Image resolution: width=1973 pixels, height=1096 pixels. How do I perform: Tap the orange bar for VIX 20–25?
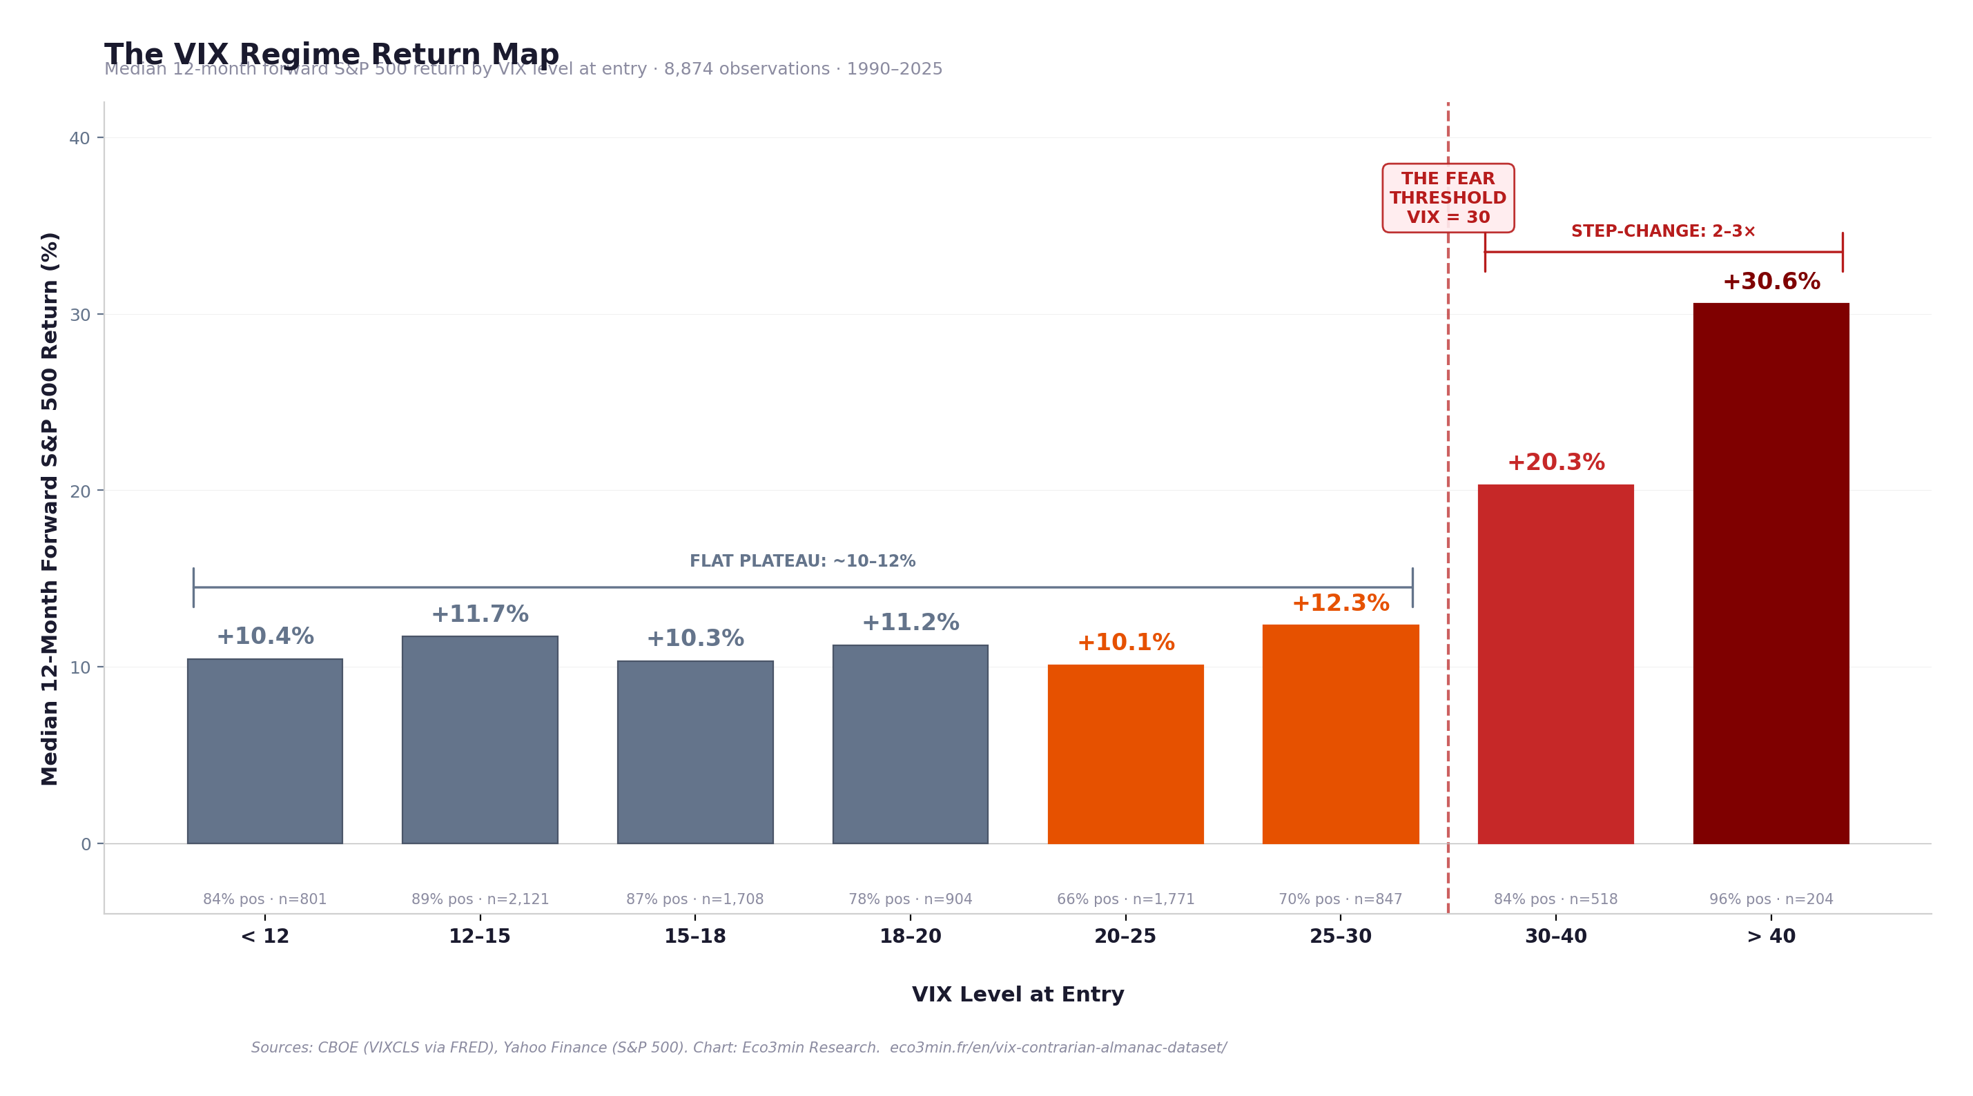point(1125,754)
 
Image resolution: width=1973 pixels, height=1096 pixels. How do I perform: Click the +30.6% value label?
point(1771,282)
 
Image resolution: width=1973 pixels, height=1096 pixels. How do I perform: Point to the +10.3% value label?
point(694,639)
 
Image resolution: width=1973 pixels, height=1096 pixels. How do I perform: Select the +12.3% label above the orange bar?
point(1341,603)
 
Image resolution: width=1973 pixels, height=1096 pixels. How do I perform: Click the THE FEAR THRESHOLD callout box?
point(1448,197)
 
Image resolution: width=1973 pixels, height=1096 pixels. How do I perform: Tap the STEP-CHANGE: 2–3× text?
point(1663,231)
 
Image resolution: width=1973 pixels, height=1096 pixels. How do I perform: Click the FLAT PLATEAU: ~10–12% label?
point(802,561)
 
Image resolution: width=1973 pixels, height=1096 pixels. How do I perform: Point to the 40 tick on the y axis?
point(79,138)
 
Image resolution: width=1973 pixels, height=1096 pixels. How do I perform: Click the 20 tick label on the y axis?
point(79,491)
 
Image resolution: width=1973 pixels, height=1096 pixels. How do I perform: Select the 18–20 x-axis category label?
point(910,936)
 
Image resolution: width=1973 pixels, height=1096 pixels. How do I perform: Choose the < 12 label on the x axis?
point(265,936)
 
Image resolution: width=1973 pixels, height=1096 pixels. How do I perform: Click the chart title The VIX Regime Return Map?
point(331,55)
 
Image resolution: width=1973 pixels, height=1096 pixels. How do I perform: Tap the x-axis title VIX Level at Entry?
point(1017,994)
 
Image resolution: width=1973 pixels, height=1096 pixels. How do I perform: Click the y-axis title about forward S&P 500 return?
point(50,509)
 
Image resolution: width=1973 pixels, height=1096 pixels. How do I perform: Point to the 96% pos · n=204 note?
point(1771,899)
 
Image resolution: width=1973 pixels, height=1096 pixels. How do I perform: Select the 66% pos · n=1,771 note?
point(1125,899)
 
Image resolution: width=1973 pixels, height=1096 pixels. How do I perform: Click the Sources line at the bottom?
point(739,1047)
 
